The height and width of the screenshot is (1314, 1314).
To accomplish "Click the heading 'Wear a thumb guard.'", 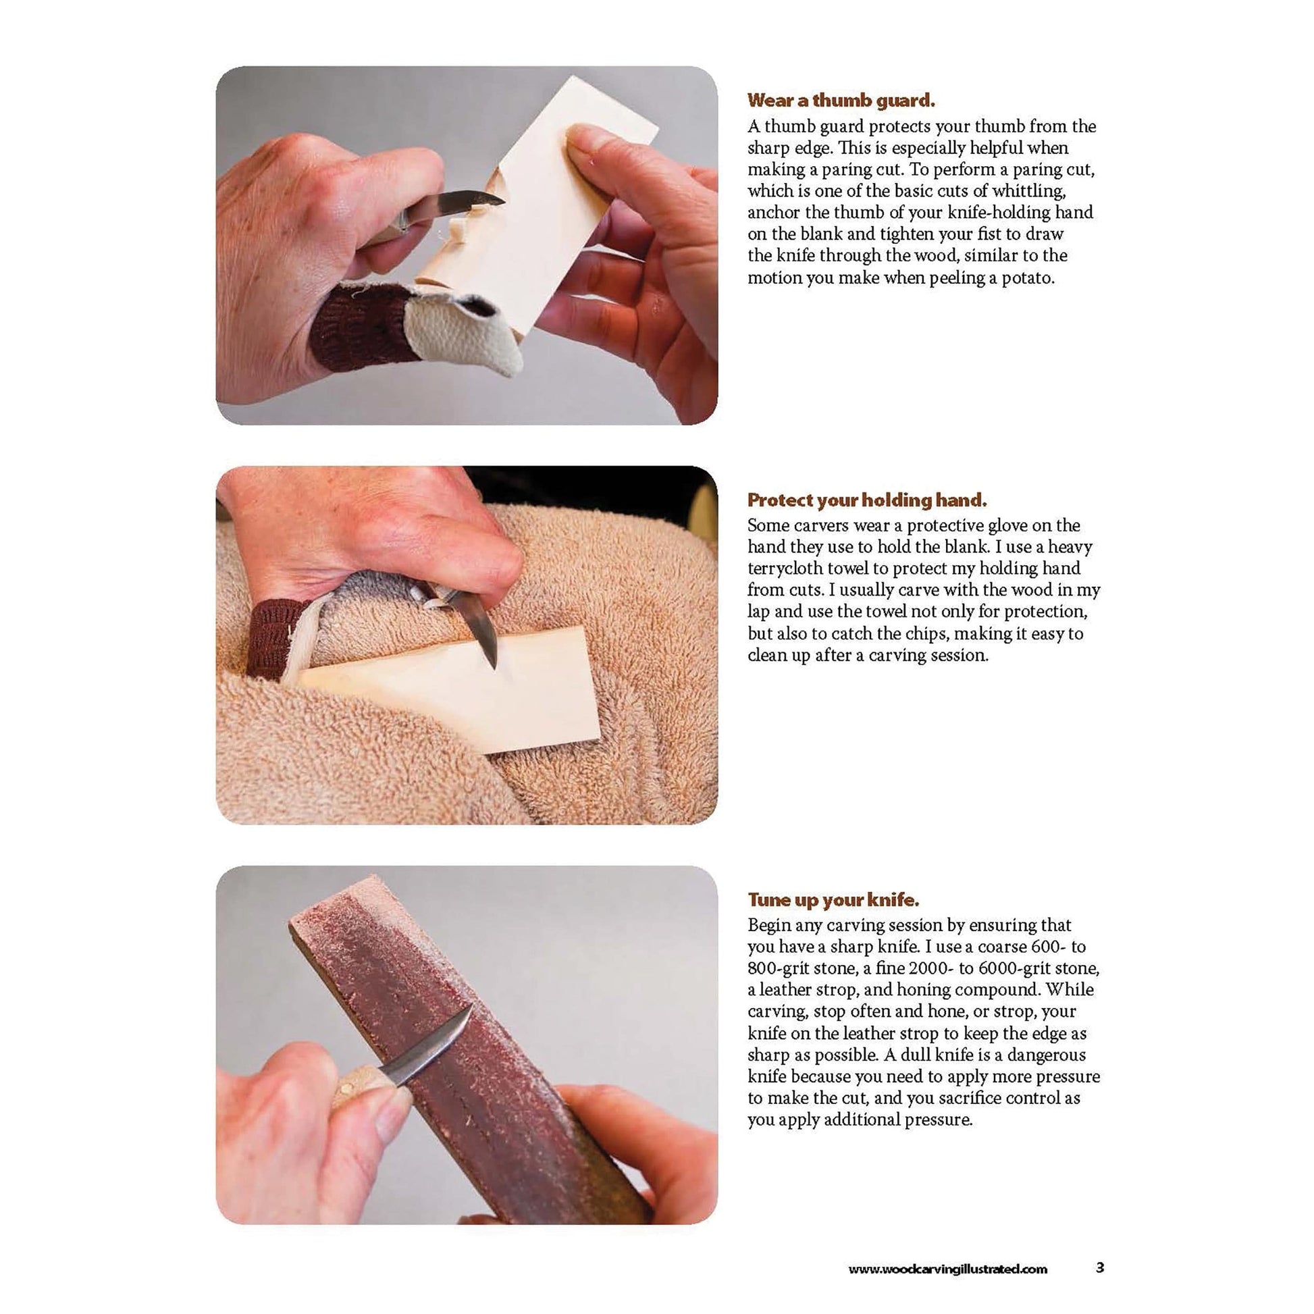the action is pyautogui.click(x=841, y=101).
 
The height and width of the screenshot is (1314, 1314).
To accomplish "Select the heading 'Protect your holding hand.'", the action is pyautogui.click(x=867, y=500).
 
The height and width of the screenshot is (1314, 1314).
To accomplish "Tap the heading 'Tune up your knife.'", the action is pyautogui.click(x=834, y=900).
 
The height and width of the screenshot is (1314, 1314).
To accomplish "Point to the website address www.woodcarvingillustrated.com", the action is pyautogui.click(x=948, y=1269).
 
